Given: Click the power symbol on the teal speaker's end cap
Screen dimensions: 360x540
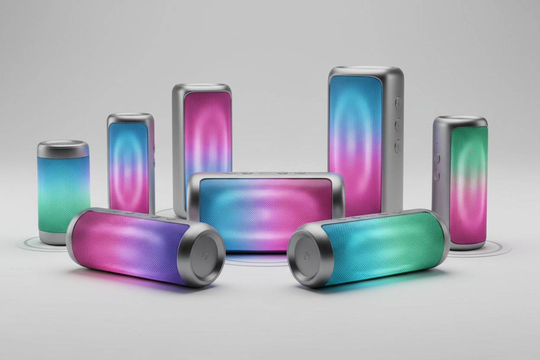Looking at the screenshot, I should pos(306,256).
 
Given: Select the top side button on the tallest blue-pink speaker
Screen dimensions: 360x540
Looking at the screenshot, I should pos(398,103).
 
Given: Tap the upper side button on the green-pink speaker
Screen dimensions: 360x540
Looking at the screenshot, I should pos(437,158).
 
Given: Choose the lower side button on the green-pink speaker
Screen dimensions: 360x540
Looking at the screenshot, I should pos(437,176).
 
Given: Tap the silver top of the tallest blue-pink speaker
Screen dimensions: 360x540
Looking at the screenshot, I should pos(366,70).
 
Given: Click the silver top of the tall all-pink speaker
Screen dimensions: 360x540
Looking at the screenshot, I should pos(202,86).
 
